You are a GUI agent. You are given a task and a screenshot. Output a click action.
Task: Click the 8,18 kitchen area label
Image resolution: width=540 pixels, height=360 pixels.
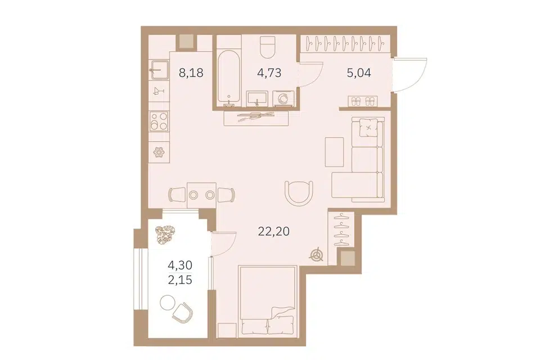pos(191,73)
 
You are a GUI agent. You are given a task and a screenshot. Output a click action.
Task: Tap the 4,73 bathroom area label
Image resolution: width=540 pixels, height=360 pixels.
pos(269,73)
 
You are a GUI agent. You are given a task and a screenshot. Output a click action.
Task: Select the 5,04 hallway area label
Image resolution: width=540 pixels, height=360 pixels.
pos(359,73)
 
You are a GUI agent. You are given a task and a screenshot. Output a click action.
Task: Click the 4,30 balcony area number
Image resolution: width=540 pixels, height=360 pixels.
pos(180,265)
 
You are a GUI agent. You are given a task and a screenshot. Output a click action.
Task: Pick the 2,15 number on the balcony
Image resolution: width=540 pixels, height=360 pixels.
pos(180,280)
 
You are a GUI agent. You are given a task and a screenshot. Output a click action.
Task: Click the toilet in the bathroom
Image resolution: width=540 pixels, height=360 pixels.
pos(267,48)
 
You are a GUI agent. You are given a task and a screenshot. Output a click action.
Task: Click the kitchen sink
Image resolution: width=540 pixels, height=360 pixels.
pos(159,71)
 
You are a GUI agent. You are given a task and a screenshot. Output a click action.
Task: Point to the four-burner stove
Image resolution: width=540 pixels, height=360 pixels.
pos(159,121)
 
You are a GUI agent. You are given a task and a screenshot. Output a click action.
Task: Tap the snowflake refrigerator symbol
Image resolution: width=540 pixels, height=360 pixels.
pos(159,152)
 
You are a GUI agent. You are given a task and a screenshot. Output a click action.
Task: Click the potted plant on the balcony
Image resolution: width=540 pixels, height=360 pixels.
pos(165,235)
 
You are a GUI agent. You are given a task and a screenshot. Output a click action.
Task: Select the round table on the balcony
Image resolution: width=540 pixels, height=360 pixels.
pos(168,303)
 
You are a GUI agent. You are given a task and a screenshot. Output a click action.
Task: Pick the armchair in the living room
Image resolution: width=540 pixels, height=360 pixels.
pos(299,193)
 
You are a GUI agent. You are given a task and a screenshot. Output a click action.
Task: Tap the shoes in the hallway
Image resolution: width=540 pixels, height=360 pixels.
pos(362,102)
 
